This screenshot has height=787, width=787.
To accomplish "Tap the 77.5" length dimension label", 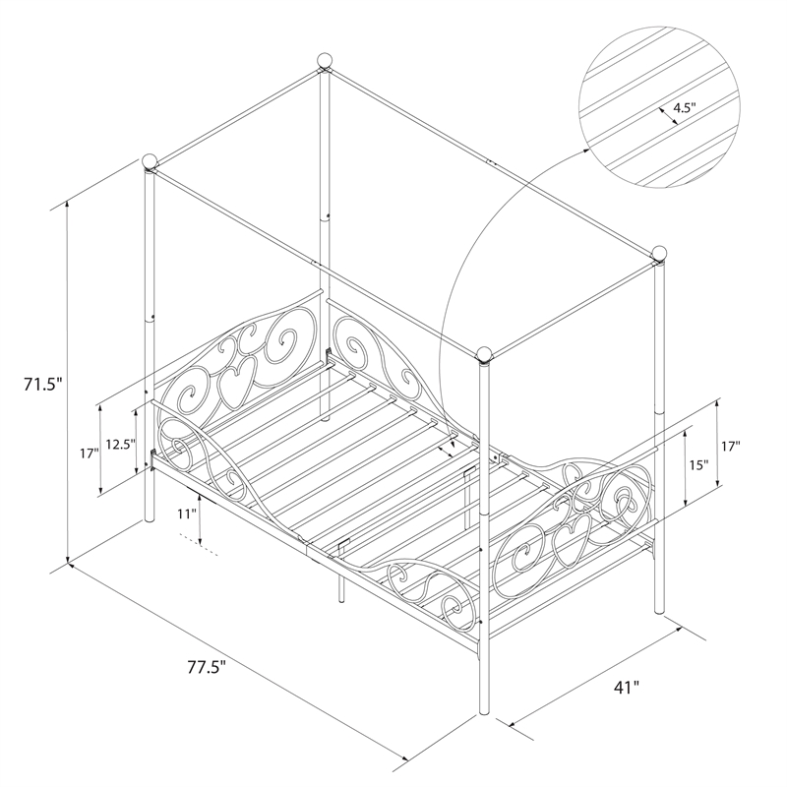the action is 208,667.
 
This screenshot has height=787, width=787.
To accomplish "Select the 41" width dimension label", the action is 627,687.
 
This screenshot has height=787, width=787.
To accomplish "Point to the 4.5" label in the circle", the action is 685,107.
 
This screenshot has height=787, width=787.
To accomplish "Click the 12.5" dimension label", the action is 119,444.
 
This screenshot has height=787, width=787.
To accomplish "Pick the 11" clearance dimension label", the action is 185,514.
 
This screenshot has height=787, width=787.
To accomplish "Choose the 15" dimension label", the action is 698,464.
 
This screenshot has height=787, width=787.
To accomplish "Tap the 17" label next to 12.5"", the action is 89,454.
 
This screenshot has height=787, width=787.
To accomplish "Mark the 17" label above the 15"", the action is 731,446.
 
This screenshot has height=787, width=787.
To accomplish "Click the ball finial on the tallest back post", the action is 325,61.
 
